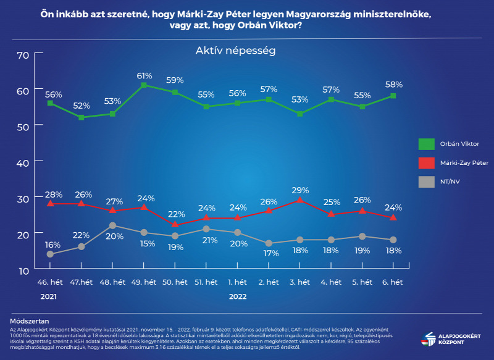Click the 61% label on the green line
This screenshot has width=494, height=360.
tap(144, 76)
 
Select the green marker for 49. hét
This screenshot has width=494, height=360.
tap(144, 85)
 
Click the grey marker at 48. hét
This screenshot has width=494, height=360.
tap(112, 225)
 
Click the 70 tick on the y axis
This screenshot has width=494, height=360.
tap(23, 54)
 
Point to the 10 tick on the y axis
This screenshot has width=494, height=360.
tap(23, 270)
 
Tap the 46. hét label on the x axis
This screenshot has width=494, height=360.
tap(49, 282)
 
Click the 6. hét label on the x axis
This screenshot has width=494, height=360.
tap(393, 282)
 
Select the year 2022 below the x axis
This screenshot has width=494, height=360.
tap(238, 296)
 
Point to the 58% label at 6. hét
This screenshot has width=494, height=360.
tap(393, 84)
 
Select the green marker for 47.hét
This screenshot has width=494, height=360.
tap(81, 117)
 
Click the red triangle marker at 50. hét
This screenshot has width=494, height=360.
tap(175, 224)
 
